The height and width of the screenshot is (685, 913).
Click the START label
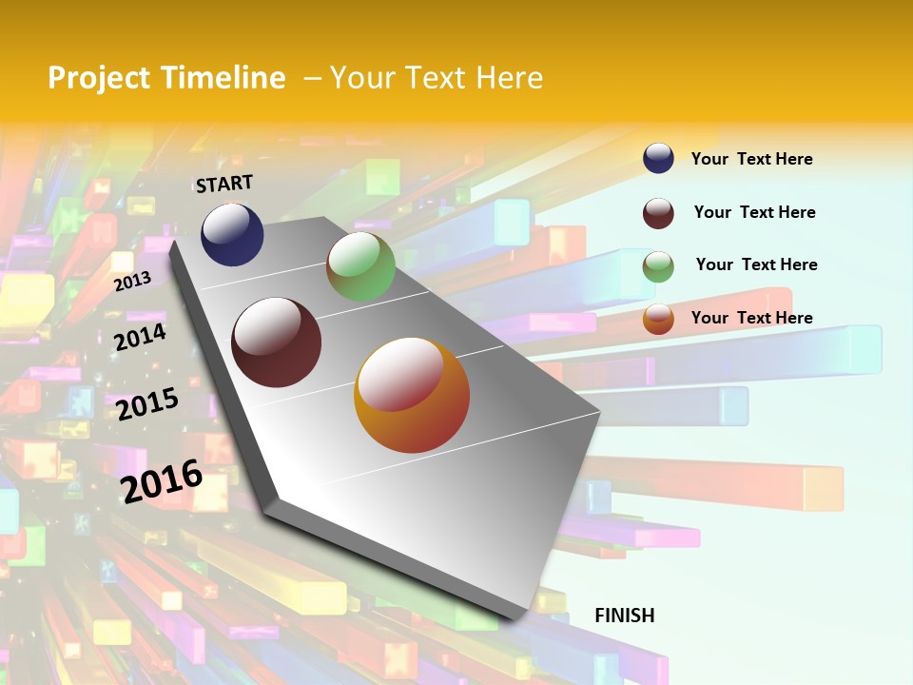(224, 184)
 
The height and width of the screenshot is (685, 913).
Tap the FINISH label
(625, 616)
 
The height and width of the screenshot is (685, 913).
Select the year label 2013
(132, 281)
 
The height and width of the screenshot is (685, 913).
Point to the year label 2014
(140, 337)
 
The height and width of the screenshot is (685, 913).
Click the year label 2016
(162, 480)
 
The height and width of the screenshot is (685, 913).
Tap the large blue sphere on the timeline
(232, 234)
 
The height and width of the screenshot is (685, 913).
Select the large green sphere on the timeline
(360, 266)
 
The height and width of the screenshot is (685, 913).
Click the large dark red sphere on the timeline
(276, 342)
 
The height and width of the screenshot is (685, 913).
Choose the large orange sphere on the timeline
(412, 395)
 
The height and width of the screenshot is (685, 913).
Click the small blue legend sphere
(658, 158)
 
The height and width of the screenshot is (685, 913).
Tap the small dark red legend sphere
(658, 212)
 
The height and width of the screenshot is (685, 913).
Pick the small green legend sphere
(658, 265)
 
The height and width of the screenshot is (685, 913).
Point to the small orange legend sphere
(658, 318)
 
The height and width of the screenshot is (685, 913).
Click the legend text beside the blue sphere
(751, 159)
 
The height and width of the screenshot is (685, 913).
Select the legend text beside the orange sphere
(751, 318)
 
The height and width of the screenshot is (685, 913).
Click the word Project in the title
(99, 78)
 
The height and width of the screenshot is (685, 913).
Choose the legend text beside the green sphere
(756, 264)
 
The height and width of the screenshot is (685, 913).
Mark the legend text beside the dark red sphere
(754, 212)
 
